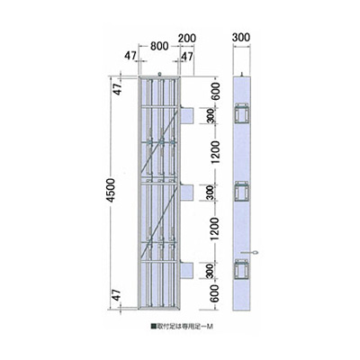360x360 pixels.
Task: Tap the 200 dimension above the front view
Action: pos(187,38)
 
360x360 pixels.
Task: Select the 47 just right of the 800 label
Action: pos(188,56)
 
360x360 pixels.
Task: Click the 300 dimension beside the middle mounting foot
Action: pos(208,192)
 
